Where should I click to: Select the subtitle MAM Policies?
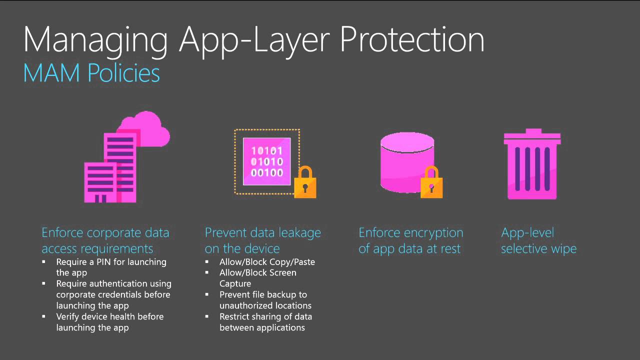[91, 73]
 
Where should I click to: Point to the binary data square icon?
[266, 161]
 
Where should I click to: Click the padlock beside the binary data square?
[305, 182]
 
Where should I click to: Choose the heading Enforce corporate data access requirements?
[105, 240]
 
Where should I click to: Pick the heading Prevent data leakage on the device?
[262, 240]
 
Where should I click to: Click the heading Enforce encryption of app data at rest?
[410, 240]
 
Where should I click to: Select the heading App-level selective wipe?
[538, 240]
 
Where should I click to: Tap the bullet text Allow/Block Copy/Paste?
[267, 261]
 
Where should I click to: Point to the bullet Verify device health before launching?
[109, 322]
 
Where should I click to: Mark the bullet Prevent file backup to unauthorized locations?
[265, 300]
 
